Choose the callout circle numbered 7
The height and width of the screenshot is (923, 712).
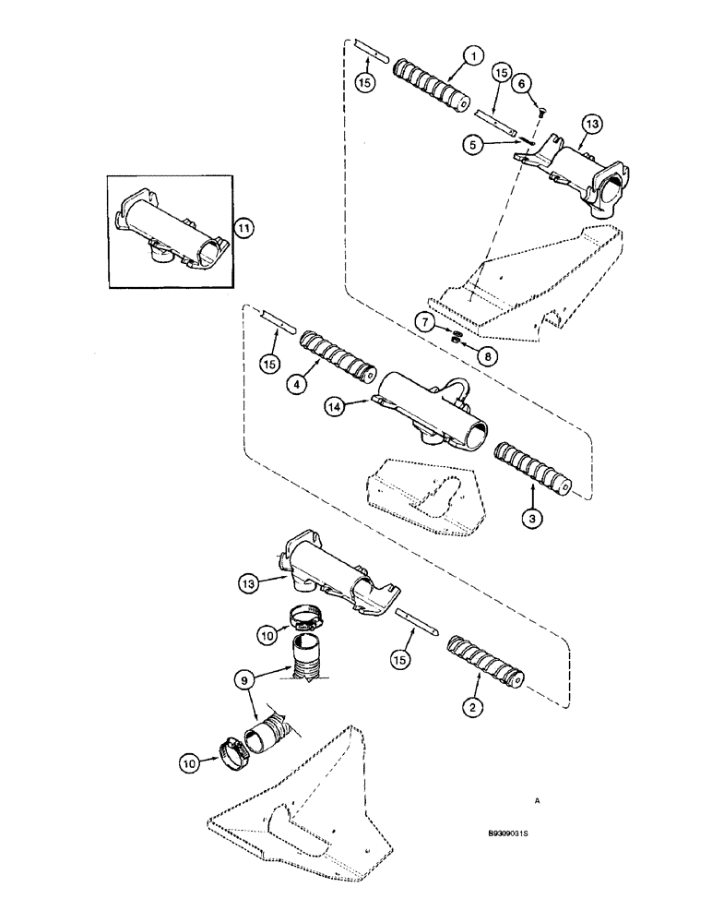[x=424, y=323]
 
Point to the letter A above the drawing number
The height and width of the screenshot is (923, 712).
[x=537, y=801]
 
